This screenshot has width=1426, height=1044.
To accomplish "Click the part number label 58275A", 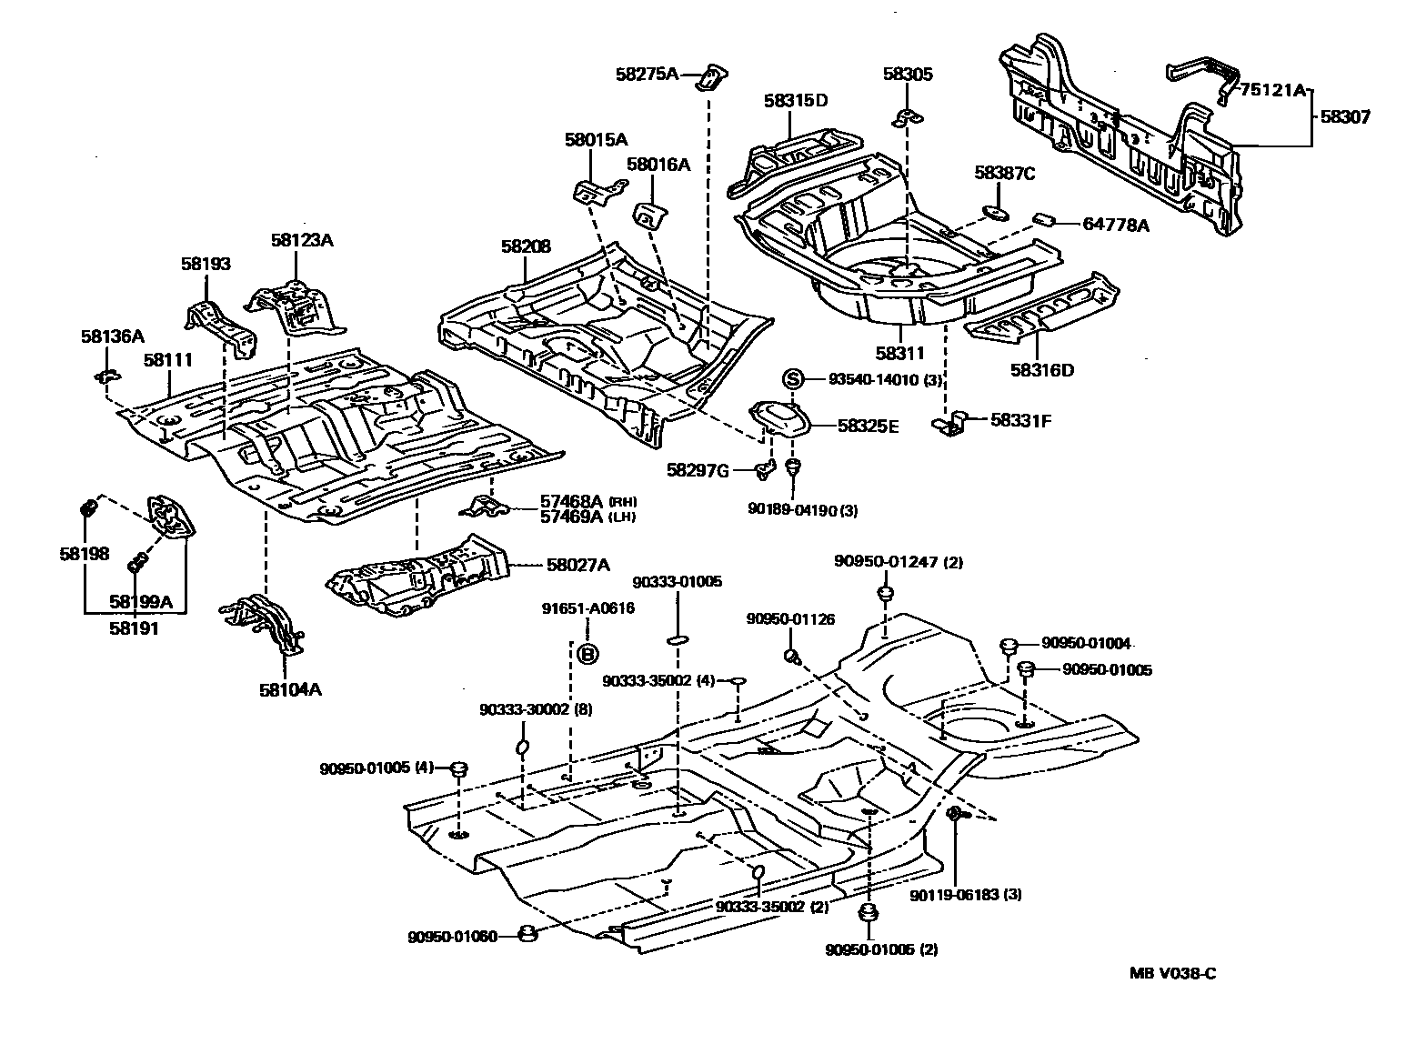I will pyautogui.click(x=648, y=75).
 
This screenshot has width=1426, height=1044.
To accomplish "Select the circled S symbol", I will pyautogui.click(x=792, y=379).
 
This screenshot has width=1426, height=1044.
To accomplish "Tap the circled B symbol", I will pyautogui.click(x=588, y=653).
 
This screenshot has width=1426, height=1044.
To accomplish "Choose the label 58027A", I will pyautogui.click(x=577, y=565).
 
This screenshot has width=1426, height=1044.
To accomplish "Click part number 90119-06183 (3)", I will pyautogui.click(x=966, y=895).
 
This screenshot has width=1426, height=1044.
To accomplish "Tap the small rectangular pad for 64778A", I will pyautogui.click(x=1045, y=219).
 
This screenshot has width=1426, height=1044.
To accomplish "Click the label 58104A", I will pyautogui.click(x=290, y=688).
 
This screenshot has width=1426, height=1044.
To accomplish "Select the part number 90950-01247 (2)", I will pyautogui.click(x=898, y=562).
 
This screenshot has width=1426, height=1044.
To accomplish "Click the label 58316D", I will pyautogui.click(x=1041, y=370).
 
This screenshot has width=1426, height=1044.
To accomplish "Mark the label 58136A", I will pyautogui.click(x=112, y=336).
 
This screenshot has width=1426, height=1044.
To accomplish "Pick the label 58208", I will pyautogui.click(x=526, y=246).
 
